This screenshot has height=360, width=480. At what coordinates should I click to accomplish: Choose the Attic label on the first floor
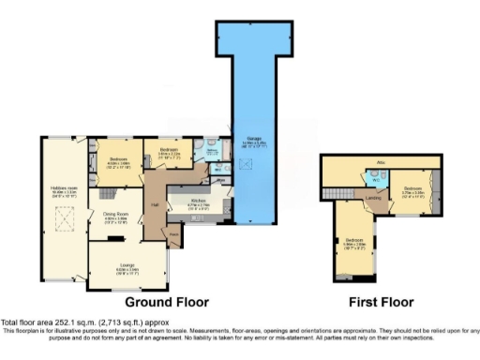(381, 162)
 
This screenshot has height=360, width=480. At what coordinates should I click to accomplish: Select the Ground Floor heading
(167, 303)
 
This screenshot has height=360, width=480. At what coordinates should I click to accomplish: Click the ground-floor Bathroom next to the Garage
(213, 152)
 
